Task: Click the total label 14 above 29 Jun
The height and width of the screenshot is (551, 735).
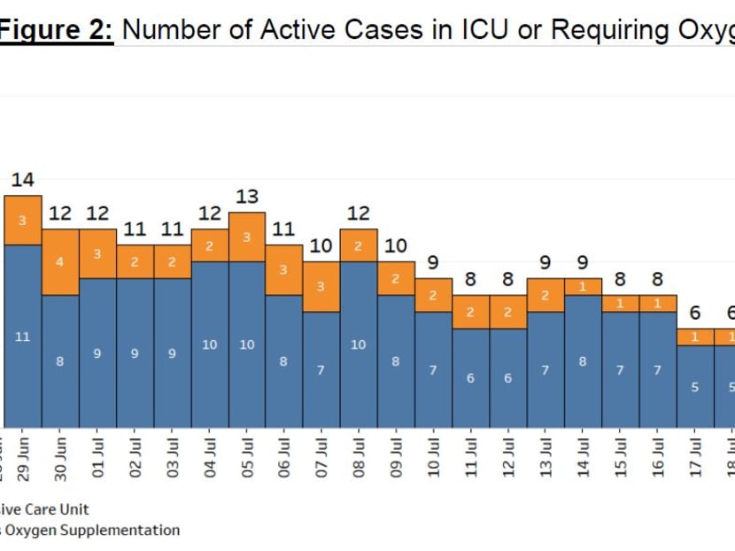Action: pyautogui.click(x=22, y=180)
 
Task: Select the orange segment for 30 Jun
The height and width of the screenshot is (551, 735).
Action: pyautogui.click(x=60, y=262)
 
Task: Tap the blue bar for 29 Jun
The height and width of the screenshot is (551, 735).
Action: pyautogui.click(x=23, y=337)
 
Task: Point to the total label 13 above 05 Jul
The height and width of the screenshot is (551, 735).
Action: pyautogui.click(x=247, y=197)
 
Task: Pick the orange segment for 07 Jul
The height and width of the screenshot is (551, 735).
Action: pyautogui.click(x=321, y=287)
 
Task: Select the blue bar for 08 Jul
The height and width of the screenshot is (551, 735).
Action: pyautogui.click(x=359, y=345)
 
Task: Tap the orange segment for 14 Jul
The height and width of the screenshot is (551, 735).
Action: pyautogui.click(x=584, y=286)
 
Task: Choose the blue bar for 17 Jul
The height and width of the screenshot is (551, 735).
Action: pyautogui.click(x=696, y=387)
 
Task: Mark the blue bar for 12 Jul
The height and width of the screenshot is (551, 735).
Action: pyautogui.click(x=508, y=378)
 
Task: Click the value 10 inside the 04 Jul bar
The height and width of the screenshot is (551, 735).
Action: pyautogui.click(x=209, y=345)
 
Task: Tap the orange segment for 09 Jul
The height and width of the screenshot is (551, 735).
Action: pyautogui.click(x=397, y=278)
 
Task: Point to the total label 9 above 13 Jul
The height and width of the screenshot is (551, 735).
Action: pyautogui.click(x=545, y=263)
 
